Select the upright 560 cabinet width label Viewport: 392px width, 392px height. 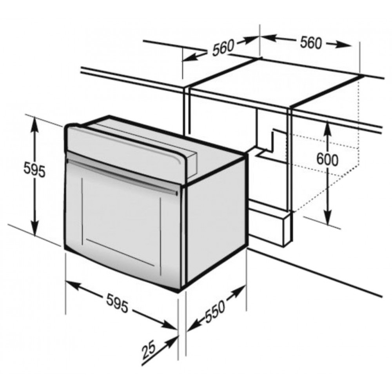pos(310,43)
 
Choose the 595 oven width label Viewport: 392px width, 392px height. pos(117,303)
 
